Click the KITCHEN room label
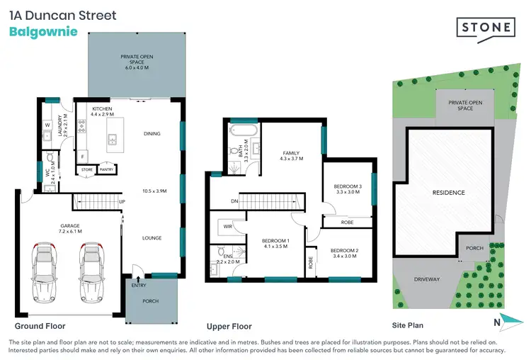(x=102, y=108)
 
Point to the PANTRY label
(x=107, y=170)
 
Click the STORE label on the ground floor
(x=87, y=170)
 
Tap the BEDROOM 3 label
(x=348, y=186)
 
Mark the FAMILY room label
(x=290, y=152)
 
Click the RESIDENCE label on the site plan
(x=448, y=193)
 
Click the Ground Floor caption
(x=40, y=326)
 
